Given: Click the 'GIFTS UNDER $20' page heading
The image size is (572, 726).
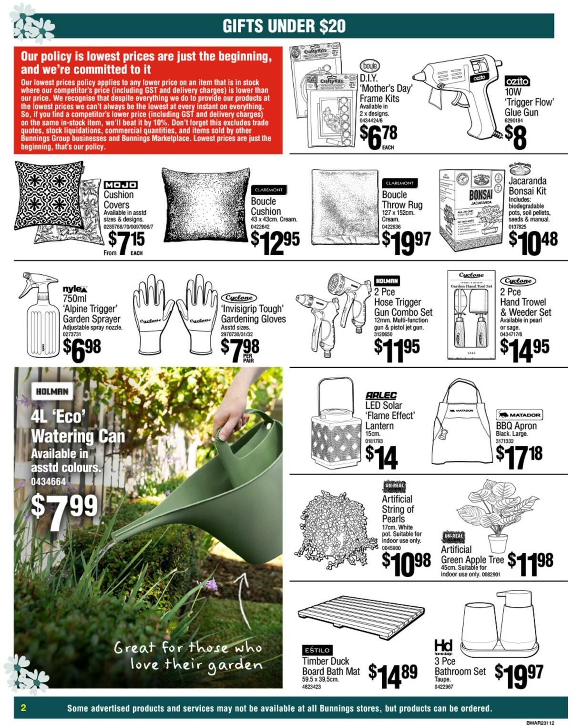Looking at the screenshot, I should (284, 26).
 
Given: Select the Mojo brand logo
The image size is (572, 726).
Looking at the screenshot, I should (121, 185).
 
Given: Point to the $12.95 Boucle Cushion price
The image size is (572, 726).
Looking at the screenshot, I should (275, 242).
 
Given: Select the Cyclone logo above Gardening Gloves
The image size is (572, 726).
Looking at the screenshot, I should (239, 298).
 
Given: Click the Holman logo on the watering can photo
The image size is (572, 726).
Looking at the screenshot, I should (52, 392).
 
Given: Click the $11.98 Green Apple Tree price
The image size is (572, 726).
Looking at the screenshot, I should (530, 561).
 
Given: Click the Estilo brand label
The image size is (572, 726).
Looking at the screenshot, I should (317, 650).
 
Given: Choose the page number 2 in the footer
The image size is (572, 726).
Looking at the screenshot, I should (23, 707).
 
